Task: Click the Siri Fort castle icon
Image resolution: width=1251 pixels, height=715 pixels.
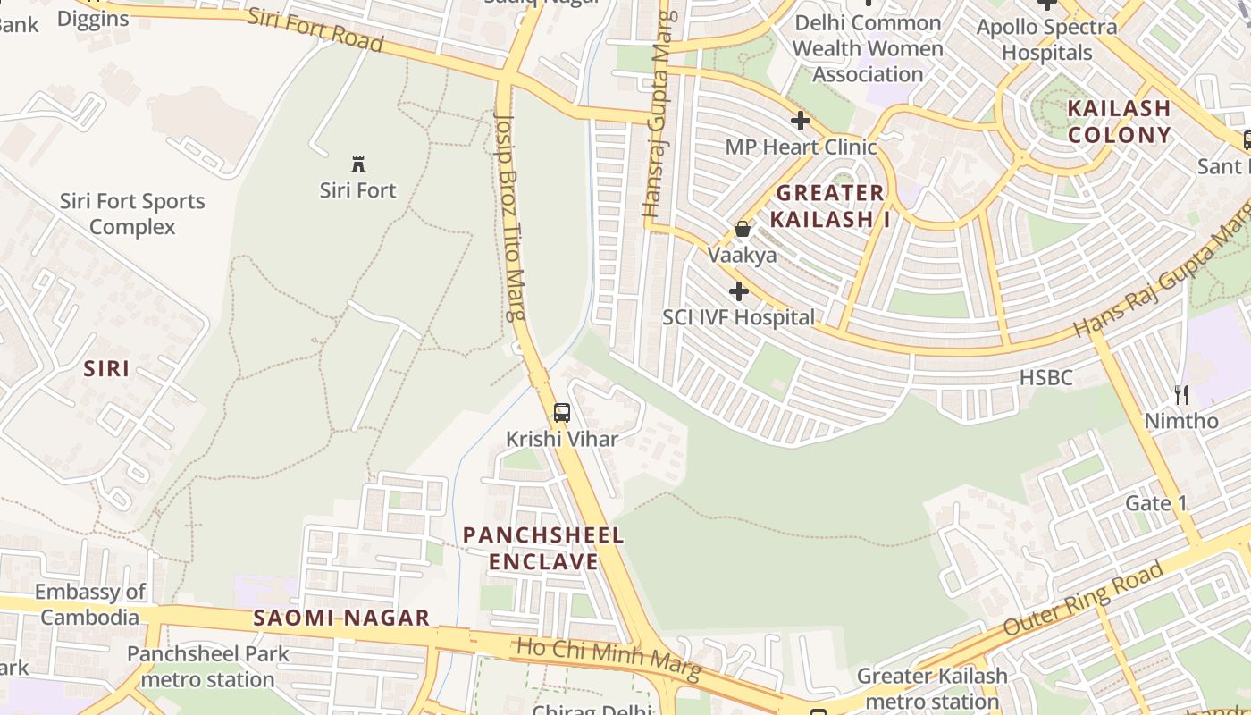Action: click(358, 164)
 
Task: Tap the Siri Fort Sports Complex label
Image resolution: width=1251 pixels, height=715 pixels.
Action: click(132, 214)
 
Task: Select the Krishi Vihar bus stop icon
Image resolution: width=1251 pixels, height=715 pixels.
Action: click(561, 413)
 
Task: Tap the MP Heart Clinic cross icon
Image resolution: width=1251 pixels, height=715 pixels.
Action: click(801, 121)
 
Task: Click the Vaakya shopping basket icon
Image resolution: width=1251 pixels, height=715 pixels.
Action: click(742, 230)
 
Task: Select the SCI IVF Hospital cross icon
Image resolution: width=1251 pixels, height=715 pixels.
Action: click(739, 291)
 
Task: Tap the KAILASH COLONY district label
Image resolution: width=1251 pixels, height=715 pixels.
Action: click(1119, 122)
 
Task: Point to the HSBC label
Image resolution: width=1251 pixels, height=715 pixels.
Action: click(1045, 378)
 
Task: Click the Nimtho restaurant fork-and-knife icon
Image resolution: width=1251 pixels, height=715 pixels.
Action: click(1181, 394)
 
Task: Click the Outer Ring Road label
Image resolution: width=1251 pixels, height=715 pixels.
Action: click(1083, 598)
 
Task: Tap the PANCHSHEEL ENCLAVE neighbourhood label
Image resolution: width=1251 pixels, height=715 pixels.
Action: click(543, 548)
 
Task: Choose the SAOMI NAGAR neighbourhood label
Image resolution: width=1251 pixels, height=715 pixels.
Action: click(341, 618)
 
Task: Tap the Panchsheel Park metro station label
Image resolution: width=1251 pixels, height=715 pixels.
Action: click(207, 667)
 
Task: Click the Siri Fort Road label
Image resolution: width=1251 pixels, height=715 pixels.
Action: click(315, 29)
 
